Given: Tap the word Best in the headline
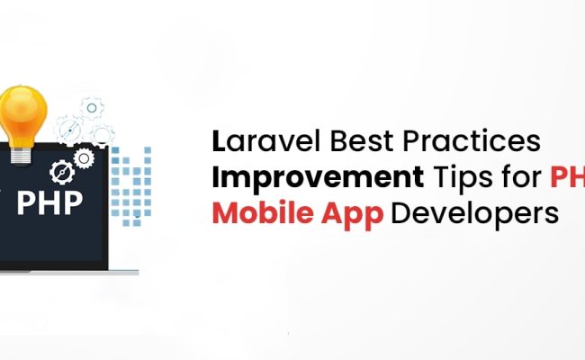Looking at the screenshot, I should tap(340, 143).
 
